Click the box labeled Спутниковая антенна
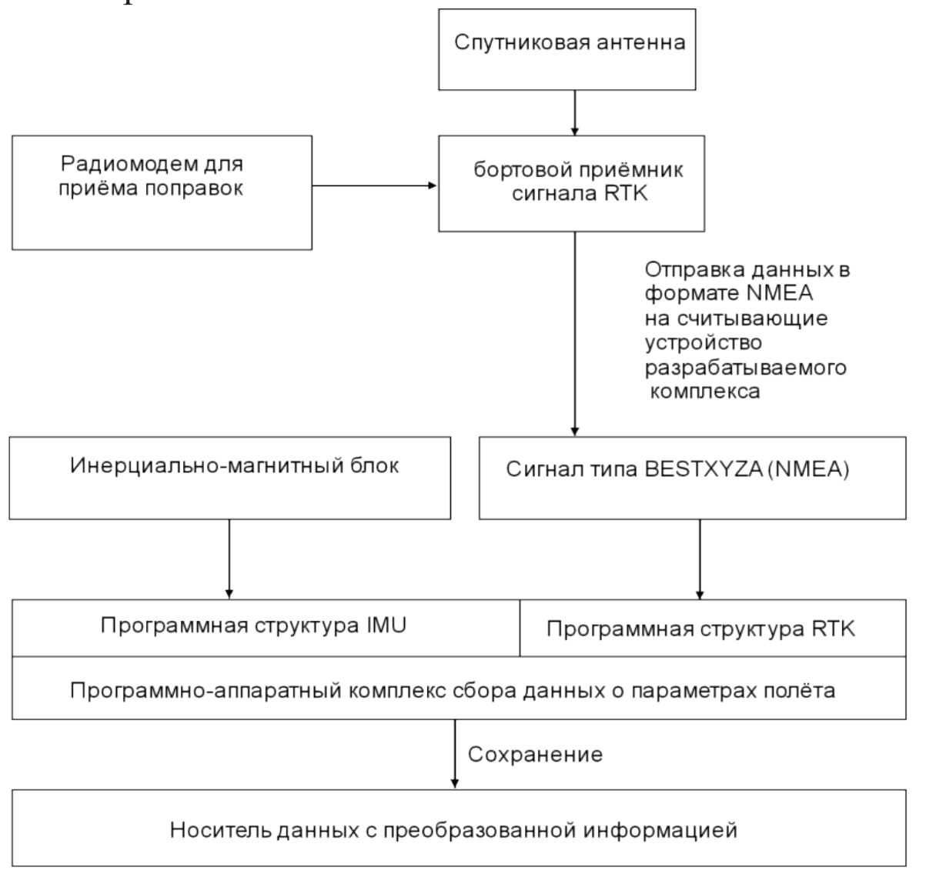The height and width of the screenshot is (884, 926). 567,49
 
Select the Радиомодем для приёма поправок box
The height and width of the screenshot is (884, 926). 162,192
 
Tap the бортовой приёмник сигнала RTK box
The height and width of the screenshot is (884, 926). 571,184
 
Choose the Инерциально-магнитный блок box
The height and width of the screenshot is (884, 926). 229,478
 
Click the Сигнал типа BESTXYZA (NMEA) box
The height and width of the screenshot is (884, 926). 692,477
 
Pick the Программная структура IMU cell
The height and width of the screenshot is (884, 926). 266,627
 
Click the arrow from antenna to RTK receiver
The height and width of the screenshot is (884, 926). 574,112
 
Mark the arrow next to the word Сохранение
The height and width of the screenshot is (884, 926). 455,754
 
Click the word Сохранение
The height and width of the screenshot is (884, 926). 535,754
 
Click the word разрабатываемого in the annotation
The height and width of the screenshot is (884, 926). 745,367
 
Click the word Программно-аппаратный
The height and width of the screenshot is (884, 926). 206,690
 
